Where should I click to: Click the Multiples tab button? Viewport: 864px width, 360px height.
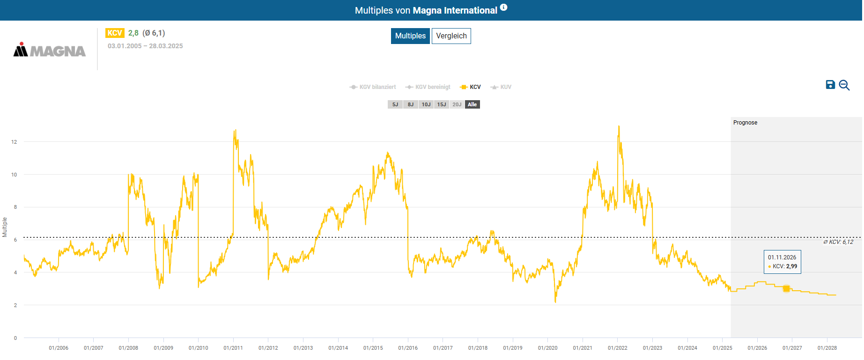click(x=410, y=36)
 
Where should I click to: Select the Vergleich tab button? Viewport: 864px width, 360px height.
click(x=451, y=36)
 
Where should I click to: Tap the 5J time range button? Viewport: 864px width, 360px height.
click(x=395, y=104)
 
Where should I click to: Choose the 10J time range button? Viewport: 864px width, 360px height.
click(x=426, y=104)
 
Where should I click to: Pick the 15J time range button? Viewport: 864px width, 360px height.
click(x=441, y=104)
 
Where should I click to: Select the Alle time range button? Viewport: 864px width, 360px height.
click(x=472, y=104)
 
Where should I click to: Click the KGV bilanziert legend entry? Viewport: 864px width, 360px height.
click(x=373, y=87)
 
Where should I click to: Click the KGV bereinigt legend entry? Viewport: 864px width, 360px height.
click(x=428, y=87)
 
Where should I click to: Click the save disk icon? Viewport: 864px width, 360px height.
click(x=830, y=85)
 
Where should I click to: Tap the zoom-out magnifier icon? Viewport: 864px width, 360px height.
click(x=844, y=85)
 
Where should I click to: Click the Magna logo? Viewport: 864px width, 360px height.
click(x=50, y=50)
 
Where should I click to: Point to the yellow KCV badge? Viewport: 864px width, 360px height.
click(x=115, y=33)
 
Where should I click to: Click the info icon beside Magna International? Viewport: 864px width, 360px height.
click(x=503, y=7)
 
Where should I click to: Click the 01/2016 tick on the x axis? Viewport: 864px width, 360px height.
click(x=408, y=348)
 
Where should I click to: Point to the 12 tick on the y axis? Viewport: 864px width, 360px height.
click(x=14, y=142)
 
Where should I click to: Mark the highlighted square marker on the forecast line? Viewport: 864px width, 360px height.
click(x=786, y=288)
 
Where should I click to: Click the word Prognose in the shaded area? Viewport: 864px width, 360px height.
click(x=745, y=123)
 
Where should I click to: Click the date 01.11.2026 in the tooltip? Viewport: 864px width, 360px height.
click(x=782, y=257)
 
